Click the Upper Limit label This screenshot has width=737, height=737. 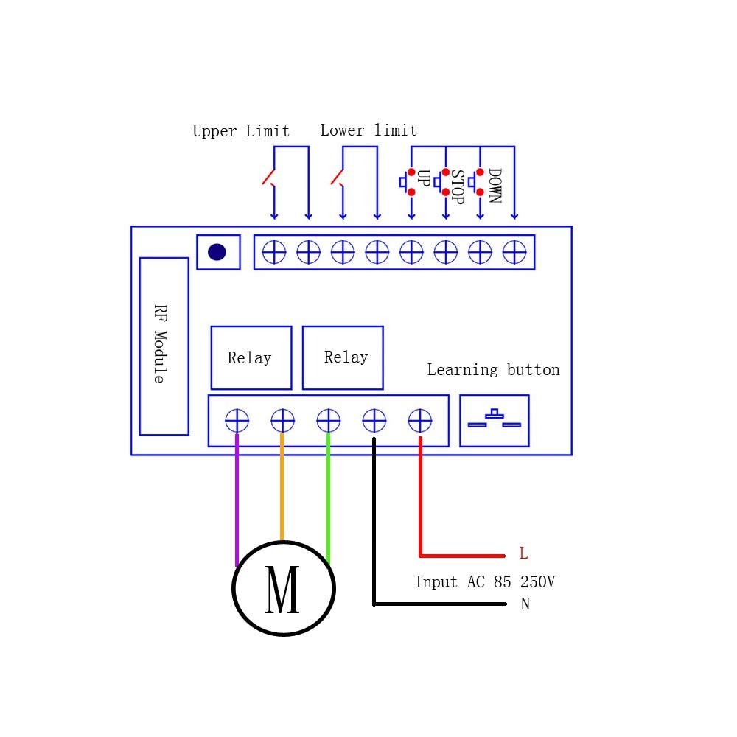pos(241,131)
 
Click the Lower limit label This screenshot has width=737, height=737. pos(368,130)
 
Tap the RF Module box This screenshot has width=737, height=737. pos(164,346)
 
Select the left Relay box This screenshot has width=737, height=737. pos(251,357)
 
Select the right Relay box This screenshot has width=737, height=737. pos(343,357)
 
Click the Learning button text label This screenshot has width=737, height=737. pos(493,370)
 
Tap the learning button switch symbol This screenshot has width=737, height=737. pos(495,420)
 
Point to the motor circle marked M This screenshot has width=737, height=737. pos(284,588)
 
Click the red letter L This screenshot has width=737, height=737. pos(523,553)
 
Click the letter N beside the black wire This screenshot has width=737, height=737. pos(525,604)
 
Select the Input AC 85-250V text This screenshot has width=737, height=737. pos(484,582)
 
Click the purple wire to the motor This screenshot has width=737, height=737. pos(237,501)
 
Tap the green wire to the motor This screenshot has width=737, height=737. pos(328,501)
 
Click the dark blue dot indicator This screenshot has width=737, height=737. pos(217,252)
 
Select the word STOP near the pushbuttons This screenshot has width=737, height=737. pos(457,187)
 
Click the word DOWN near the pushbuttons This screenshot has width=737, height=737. pos(495,186)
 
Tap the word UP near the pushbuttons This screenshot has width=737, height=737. pos(423,178)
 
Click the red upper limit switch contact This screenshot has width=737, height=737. pos(268,178)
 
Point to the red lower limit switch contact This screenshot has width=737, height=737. pos(337,178)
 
